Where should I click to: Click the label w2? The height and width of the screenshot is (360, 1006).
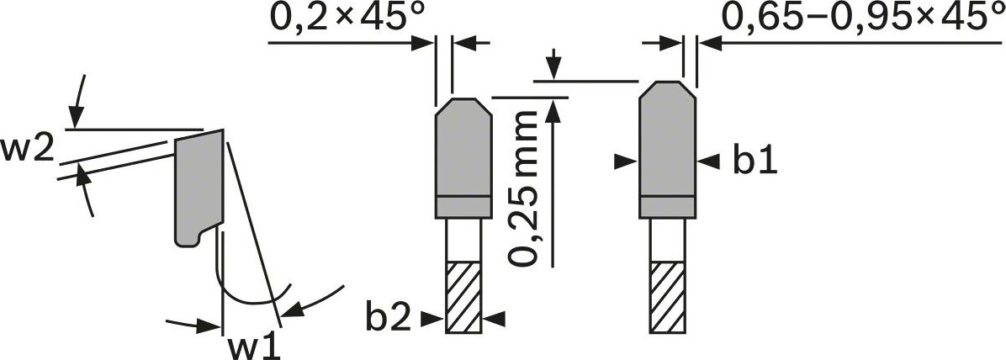28,150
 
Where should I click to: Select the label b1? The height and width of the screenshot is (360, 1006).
754,161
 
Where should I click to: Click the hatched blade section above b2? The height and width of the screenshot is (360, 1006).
462,295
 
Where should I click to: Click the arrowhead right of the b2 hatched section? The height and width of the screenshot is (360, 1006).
495,318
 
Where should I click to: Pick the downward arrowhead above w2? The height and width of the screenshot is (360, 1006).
77,118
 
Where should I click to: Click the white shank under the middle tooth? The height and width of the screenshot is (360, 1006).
462,239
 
